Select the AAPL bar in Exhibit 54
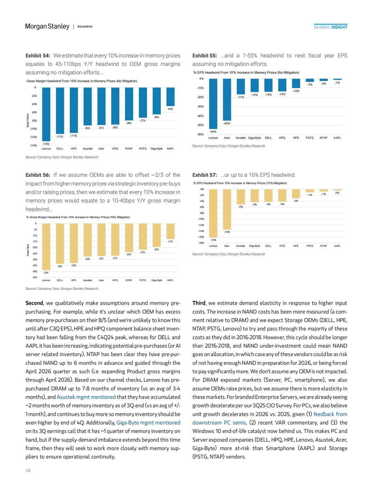point(170,97)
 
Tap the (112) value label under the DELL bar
point(60,136)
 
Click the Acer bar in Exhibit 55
point(227,100)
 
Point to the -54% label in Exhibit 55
point(213,132)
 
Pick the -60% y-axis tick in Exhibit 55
point(200,134)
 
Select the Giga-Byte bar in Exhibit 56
point(156,235)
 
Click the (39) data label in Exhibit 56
point(46,273)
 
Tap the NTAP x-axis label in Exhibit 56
point(129,280)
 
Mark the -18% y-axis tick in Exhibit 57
point(201,243)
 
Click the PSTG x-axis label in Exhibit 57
point(310,246)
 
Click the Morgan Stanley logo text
point(47,26)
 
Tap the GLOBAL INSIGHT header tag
point(331,27)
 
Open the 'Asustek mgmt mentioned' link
point(86,397)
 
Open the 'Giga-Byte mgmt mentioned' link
point(148,423)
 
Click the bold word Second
point(34,303)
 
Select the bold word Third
point(199,303)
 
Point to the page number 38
point(28,471)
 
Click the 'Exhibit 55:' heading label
point(204,56)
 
